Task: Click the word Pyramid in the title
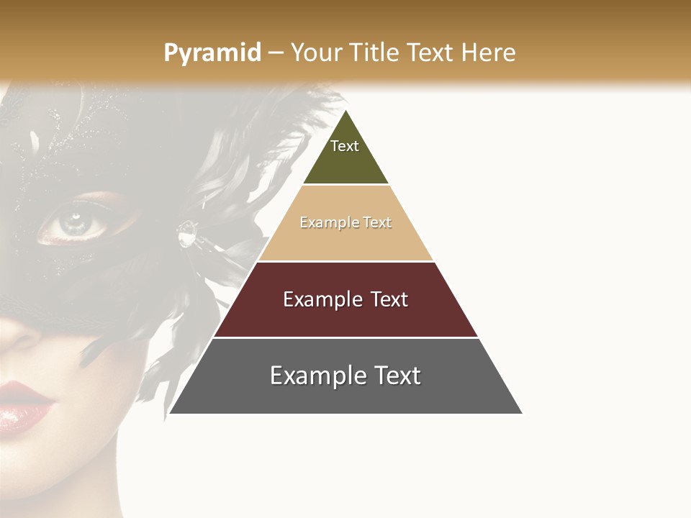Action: pos(212,53)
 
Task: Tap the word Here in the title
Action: pos(488,53)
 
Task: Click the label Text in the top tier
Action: pos(345,146)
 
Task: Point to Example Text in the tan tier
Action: pos(345,222)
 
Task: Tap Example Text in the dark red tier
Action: pos(345,299)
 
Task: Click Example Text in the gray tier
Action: pos(345,376)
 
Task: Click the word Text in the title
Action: pos(430,53)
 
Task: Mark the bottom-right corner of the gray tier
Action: pos(522,413)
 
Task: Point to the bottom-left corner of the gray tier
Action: pos(170,413)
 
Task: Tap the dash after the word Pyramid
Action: pos(275,53)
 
